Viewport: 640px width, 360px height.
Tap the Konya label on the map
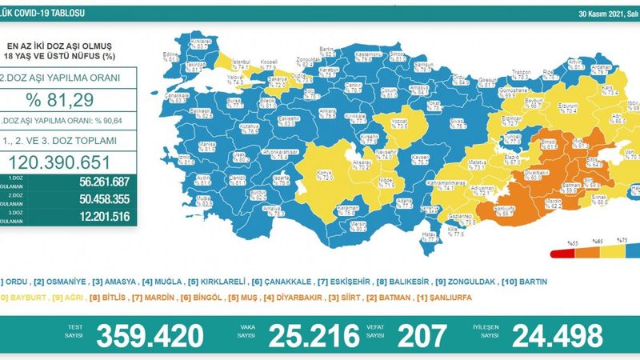(x=304, y=174)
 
